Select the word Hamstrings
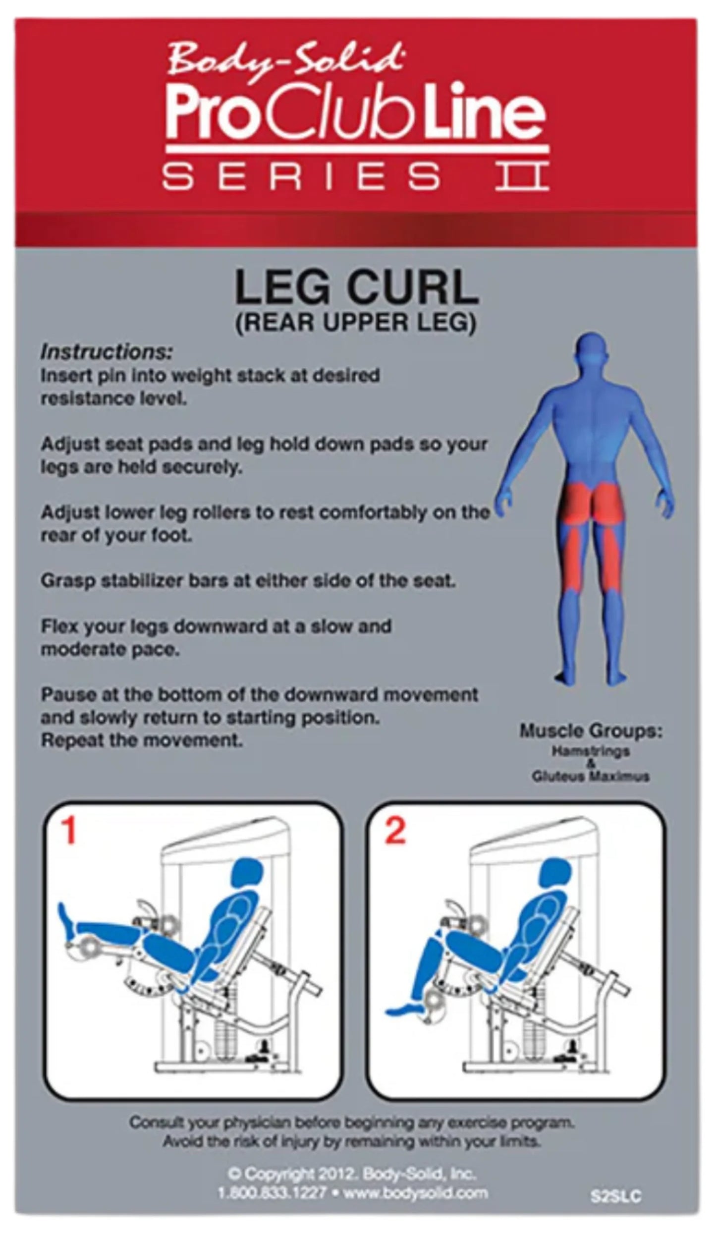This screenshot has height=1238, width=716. [591, 750]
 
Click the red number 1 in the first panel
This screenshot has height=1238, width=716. [68, 831]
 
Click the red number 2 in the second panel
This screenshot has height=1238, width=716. [395, 831]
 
